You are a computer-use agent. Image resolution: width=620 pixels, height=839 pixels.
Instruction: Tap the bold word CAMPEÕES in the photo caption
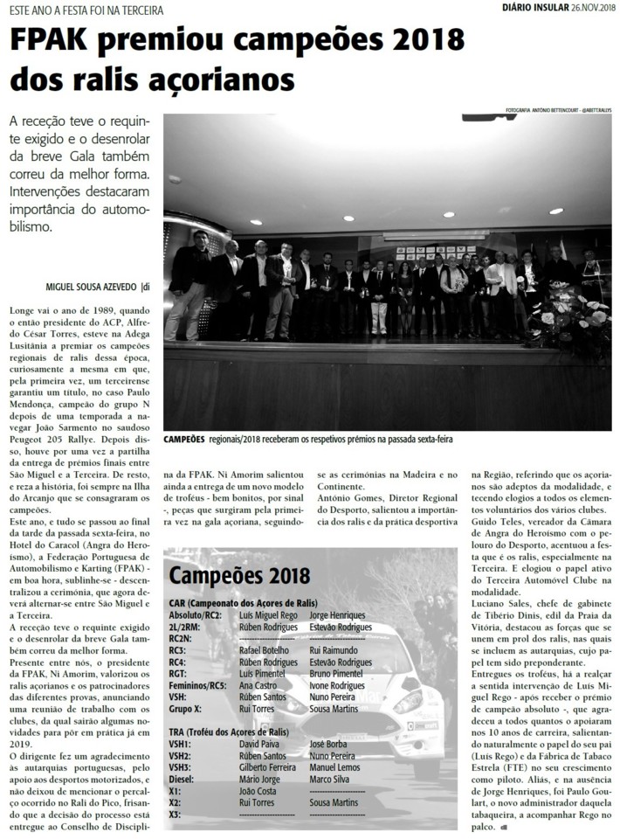click(x=183, y=439)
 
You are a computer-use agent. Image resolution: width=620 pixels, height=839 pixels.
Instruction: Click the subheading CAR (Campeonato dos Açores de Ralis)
click(x=242, y=604)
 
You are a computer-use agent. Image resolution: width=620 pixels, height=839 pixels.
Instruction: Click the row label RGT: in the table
click(x=180, y=673)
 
